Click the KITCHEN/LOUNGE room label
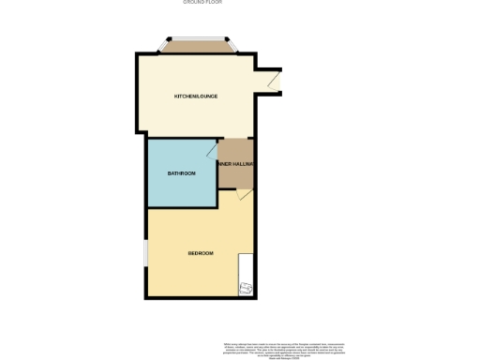pyautogui.click(x=193, y=96)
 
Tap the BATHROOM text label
pyautogui.click(x=181, y=173)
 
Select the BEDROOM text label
pyautogui.click(x=201, y=253)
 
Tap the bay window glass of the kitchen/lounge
pyautogui.click(x=198, y=38)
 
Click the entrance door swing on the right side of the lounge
pyautogui.click(x=273, y=82)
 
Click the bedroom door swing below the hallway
pyautogui.click(x=243, y=194)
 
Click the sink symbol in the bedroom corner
pyautogui.click(x=246, y=288)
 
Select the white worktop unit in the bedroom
pyautogui.click(x=246, y=267)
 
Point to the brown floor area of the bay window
pyautogui.click(x=198, y=47)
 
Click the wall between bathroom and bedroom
pyautogui.click(x=180, y=207)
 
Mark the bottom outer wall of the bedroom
pyautogui.click(x=201, y=298)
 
